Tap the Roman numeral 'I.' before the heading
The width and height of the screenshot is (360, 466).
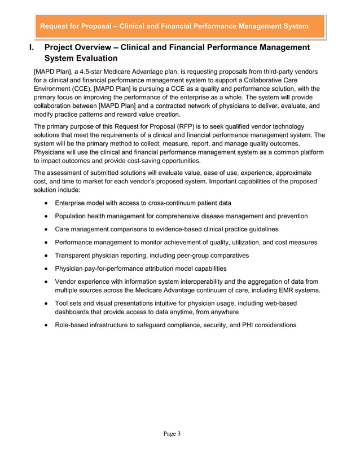[x=33, y=47]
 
